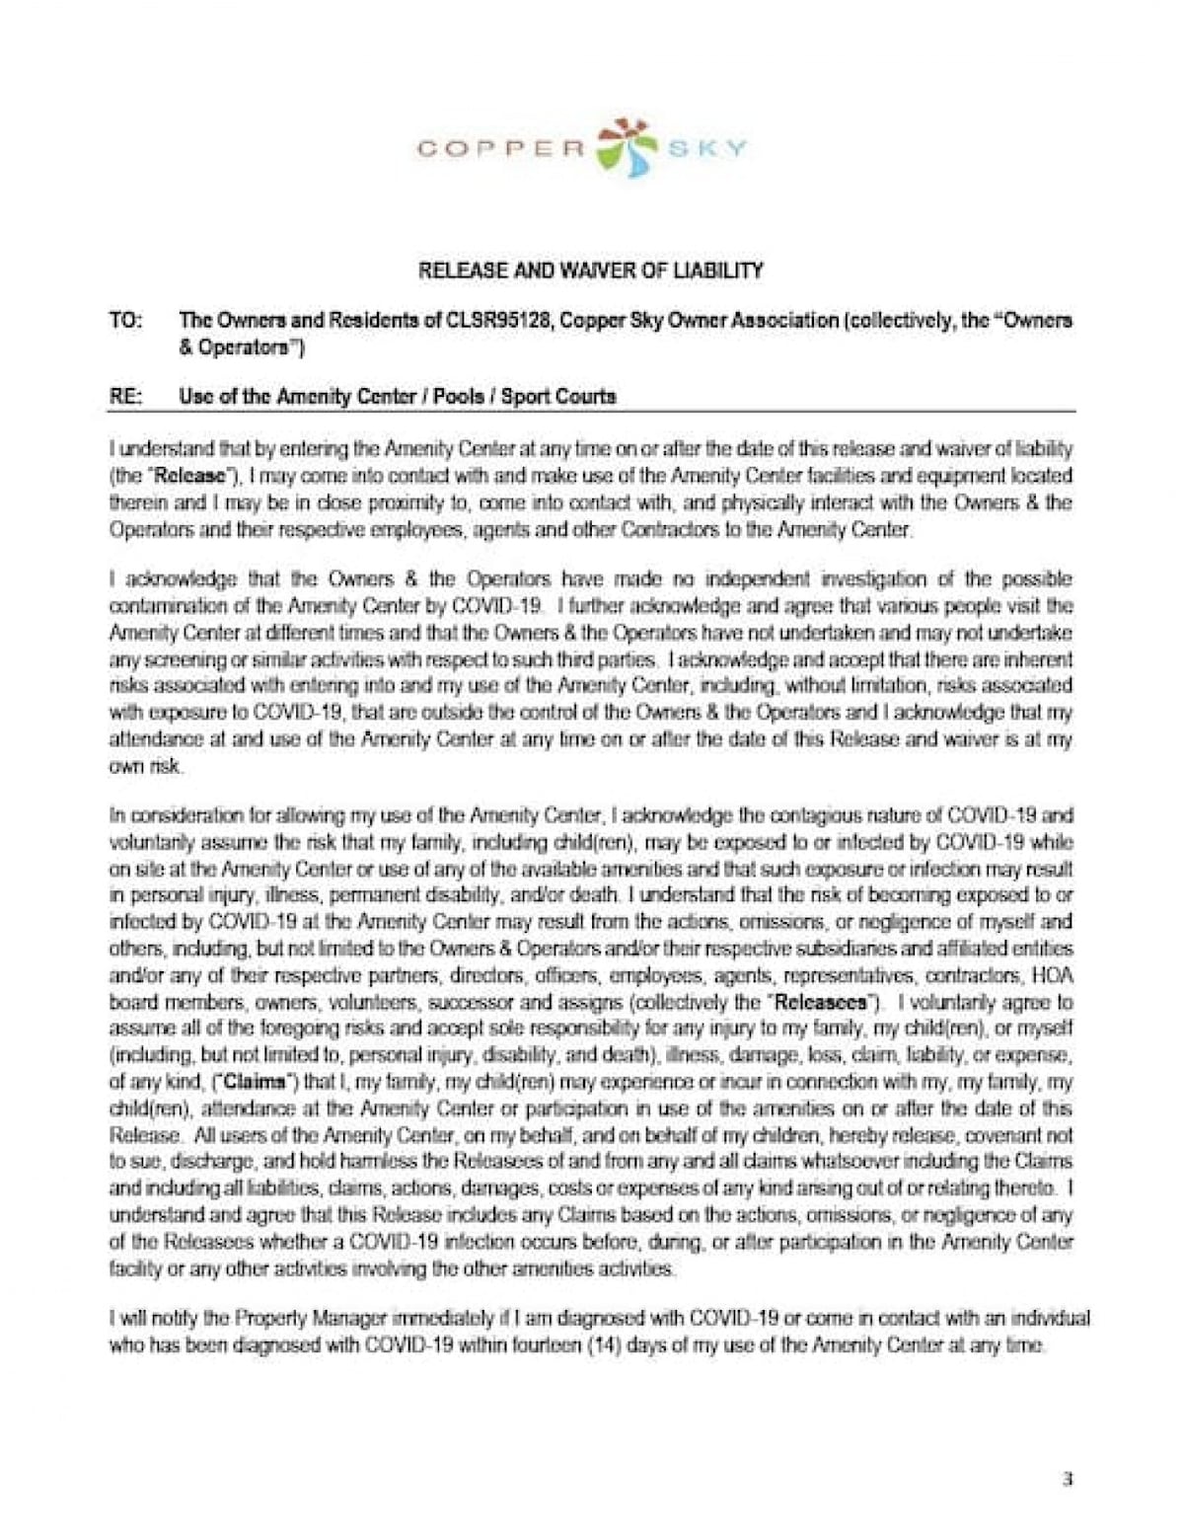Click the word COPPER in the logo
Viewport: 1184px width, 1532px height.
(501, 149)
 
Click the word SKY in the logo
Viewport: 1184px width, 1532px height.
(706, 149)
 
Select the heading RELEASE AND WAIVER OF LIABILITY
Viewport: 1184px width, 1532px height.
(590, 269)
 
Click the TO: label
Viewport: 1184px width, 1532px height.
(124, 321)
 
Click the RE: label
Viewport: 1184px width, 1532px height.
(124, 397)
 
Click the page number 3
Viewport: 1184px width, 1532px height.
(1068, 1479)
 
